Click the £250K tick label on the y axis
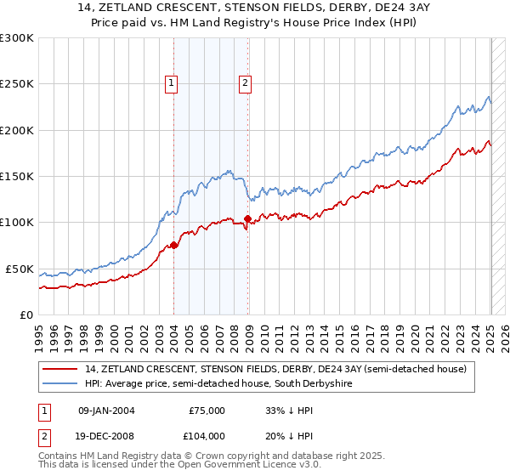point(17,84)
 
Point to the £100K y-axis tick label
point(17,223)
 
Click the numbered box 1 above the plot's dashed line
point(172,83)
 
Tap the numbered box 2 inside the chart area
point(245,83)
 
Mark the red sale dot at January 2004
point(174,246)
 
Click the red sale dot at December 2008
point(247,219)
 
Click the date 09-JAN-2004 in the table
point(107,410)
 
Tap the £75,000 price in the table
point(207,410)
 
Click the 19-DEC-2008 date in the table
point(107,435)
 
